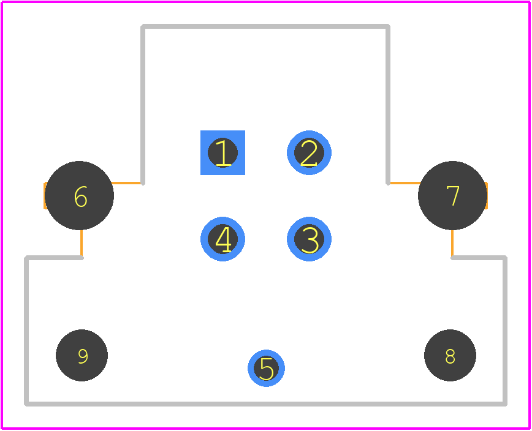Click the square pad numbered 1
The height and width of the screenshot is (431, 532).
(x=222, y=152)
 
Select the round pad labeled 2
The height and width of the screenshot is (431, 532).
(x=309, y=152)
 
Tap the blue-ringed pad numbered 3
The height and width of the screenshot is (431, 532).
(x=309, y=239)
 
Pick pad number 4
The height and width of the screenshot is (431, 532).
(x=222, y=239)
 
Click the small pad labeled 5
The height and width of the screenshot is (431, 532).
(x=266, y=368)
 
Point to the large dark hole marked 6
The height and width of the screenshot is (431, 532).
(x=79, y=195)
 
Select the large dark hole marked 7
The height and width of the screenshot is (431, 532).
(x=452, y=195)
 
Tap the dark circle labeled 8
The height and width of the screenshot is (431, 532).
(x=450, y=355)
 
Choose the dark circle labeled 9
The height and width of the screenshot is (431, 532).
(x=82, y=355)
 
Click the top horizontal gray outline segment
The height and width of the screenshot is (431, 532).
(x=265, y=26)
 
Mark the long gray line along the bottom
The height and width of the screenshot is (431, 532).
(x=265, y=404)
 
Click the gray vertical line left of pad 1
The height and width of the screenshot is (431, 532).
(x=143, y=105)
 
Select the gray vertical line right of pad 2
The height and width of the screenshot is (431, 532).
(x=388, y=105)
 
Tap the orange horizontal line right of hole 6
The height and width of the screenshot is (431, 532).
(x=126, y=183)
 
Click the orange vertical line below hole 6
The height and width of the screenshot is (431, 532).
(x=82, y=243)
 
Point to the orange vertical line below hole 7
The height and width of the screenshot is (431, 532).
(x=452, y=243)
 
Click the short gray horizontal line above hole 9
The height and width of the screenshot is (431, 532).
(x=54, y=258)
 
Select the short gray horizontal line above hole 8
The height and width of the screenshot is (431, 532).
(x=479, y=258)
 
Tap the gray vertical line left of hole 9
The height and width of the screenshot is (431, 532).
(x=26, y=331)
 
